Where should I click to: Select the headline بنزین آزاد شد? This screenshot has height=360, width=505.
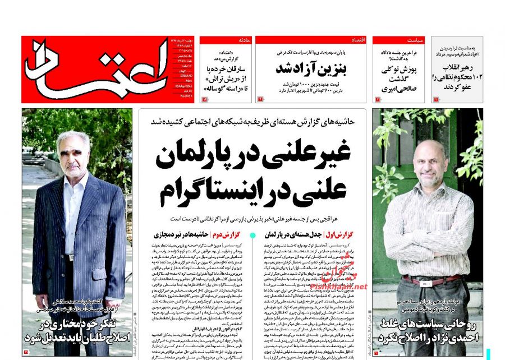[310, 68]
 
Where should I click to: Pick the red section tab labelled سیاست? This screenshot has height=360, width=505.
[416, 40]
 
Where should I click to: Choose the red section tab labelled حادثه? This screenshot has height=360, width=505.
[243, 40]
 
